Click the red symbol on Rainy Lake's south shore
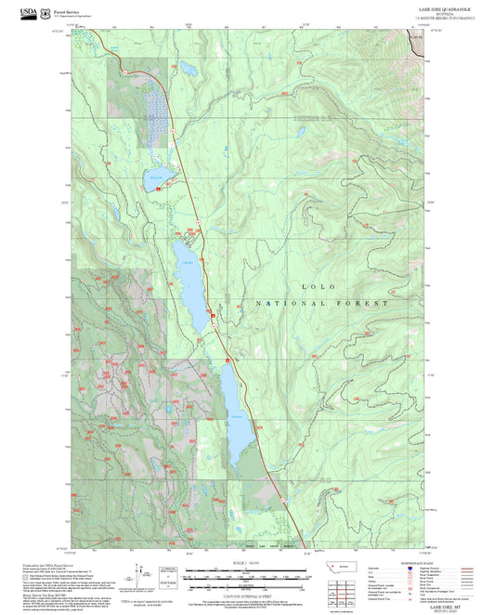pos(158,189)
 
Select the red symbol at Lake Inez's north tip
pos(227,360)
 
